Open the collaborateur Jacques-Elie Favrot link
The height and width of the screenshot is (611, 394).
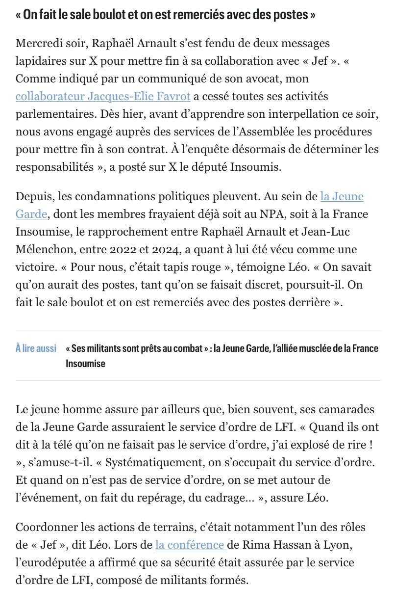pyautogui.click(x=103, y=96)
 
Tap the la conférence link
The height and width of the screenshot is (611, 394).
pyautogui.click(x=190, y=545)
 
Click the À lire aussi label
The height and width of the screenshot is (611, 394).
pyautogui.click(x=36, y=348)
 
